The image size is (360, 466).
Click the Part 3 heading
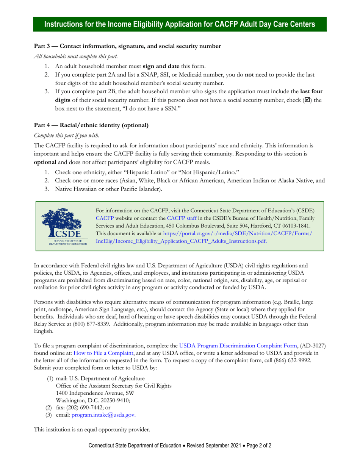point(127,46)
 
